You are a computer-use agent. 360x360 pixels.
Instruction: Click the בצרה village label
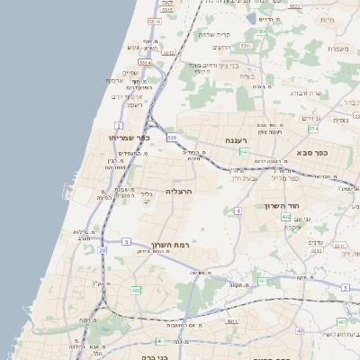pos(247,76)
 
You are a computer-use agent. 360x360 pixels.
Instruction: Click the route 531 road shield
pos(171,138)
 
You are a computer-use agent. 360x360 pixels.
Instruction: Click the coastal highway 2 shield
pos(119,125)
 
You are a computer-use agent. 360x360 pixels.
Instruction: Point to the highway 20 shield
pos(103,249)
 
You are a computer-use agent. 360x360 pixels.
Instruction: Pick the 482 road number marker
pos(136,290)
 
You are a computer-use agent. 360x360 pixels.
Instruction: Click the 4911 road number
pos(232,320)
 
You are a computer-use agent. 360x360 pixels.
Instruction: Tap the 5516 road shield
pos(154,21)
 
